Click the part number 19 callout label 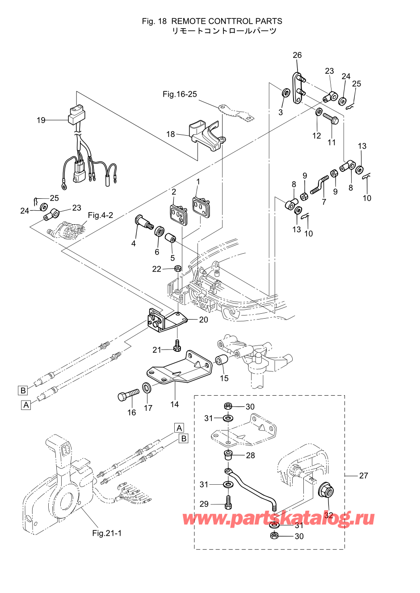41,120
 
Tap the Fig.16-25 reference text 180,94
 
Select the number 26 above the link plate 297,55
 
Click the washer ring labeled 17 147,387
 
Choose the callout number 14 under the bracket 174,404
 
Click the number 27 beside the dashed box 364,475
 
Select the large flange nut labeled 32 326,491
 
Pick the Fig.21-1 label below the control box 107,533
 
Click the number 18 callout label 171,134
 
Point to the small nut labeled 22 177,269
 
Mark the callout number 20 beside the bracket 203,320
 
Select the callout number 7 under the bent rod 324,202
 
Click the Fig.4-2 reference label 100,215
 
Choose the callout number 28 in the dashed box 250,455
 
